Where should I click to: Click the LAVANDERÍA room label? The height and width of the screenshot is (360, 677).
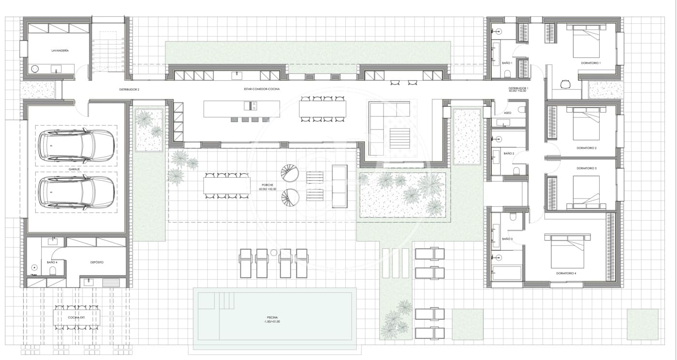click(x=59, y=50)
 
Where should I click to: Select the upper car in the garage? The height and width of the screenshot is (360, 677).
click(x=76, y=145)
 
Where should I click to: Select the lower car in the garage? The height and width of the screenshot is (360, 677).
click(x=76, y=192)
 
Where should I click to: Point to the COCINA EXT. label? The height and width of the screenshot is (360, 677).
click(x=77, y=317)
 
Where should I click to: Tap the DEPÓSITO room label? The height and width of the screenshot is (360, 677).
click(x=97, y=262)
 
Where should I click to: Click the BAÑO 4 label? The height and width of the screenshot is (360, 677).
click(x=52, y=262)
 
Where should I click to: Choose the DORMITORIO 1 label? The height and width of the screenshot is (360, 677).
click(x=590, y=63)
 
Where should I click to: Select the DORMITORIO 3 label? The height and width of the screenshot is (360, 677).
click(x=587, y=168)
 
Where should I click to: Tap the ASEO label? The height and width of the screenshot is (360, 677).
click(x=507, y=113)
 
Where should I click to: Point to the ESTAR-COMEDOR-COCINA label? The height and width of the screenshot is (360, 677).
click(x=262, y=89)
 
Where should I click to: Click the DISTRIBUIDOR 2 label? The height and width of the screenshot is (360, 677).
click(x=129, y=89)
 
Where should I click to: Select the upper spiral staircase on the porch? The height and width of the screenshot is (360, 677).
click(x=289, y=173)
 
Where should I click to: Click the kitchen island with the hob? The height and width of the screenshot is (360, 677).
click(x=241, y=108)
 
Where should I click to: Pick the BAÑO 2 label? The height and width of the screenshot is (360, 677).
click(x=508, y=153)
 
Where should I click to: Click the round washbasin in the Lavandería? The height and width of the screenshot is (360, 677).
click(x=35, y=69)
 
